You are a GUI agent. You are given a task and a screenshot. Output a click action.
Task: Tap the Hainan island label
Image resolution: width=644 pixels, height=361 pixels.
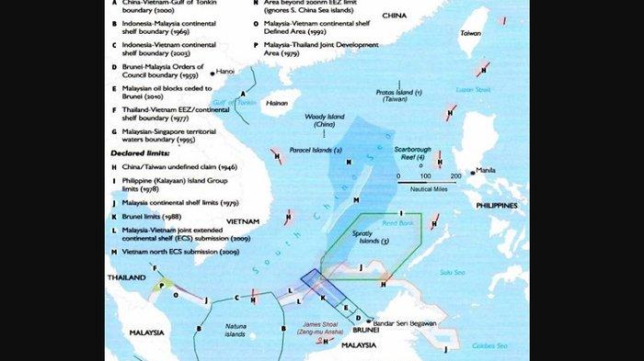point(277,104)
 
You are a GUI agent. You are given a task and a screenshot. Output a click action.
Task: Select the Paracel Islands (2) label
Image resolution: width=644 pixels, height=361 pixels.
point(312,150)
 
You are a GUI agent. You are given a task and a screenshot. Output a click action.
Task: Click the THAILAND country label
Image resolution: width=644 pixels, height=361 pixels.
point(126,276)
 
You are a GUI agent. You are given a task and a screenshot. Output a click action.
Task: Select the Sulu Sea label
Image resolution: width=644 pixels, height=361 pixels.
point(451,272)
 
